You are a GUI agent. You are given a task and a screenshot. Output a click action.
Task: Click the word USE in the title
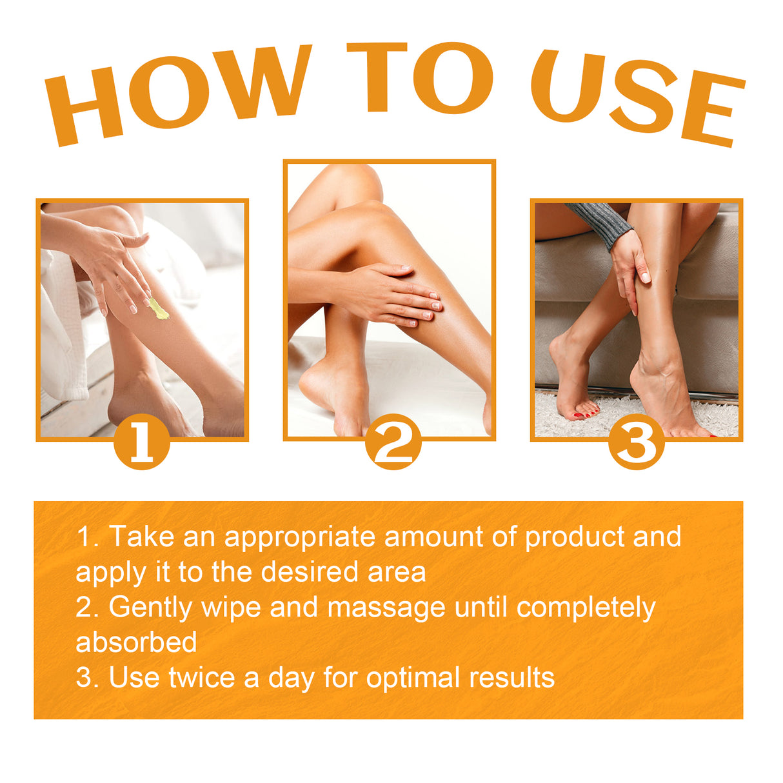(635, 97)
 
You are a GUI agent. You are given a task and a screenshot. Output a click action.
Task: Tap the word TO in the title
(419, 77)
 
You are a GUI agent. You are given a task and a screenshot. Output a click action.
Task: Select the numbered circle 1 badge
(141, 442)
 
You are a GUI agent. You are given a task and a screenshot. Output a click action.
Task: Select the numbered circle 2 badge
(393, 442)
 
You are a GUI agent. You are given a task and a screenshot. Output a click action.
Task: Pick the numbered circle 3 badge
(636, 442)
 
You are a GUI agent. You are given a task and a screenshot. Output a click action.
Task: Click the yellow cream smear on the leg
(158, 309)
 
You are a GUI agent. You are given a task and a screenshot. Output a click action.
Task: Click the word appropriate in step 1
(299, 537)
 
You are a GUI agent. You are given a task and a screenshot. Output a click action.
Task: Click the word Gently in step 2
(150, 608)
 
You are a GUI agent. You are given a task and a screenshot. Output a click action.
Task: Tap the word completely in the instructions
(586, 608)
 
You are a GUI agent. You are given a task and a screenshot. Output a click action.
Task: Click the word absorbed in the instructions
(136, 642)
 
